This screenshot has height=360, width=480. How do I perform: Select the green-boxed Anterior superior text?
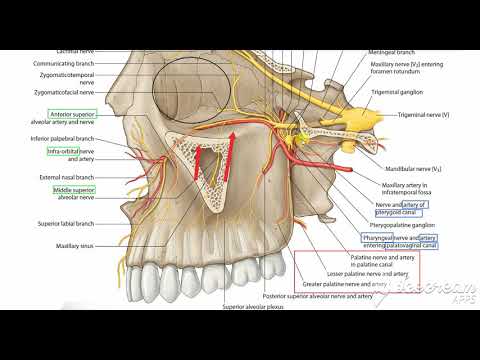pos(71,116)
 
